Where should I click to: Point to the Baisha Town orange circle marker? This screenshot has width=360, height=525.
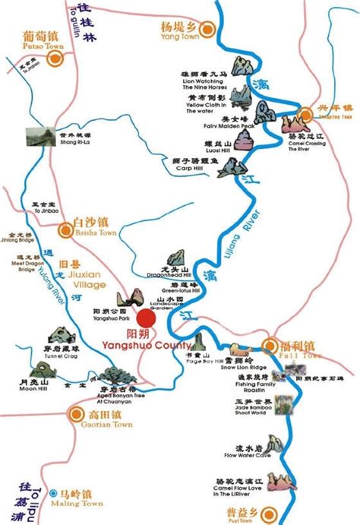tap(65, 223)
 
